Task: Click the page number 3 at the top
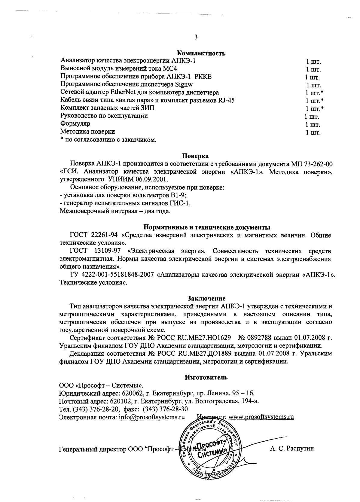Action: (x=196, y=37)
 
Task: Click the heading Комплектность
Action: (x=201, y=54)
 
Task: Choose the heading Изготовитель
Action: (x=206, y=377)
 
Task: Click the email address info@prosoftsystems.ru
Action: (x=151, y=417)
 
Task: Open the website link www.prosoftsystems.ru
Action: (x=261, y=417)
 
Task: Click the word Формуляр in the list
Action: (x=75, y=124)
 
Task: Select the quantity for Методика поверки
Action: (x=313, y=132)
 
